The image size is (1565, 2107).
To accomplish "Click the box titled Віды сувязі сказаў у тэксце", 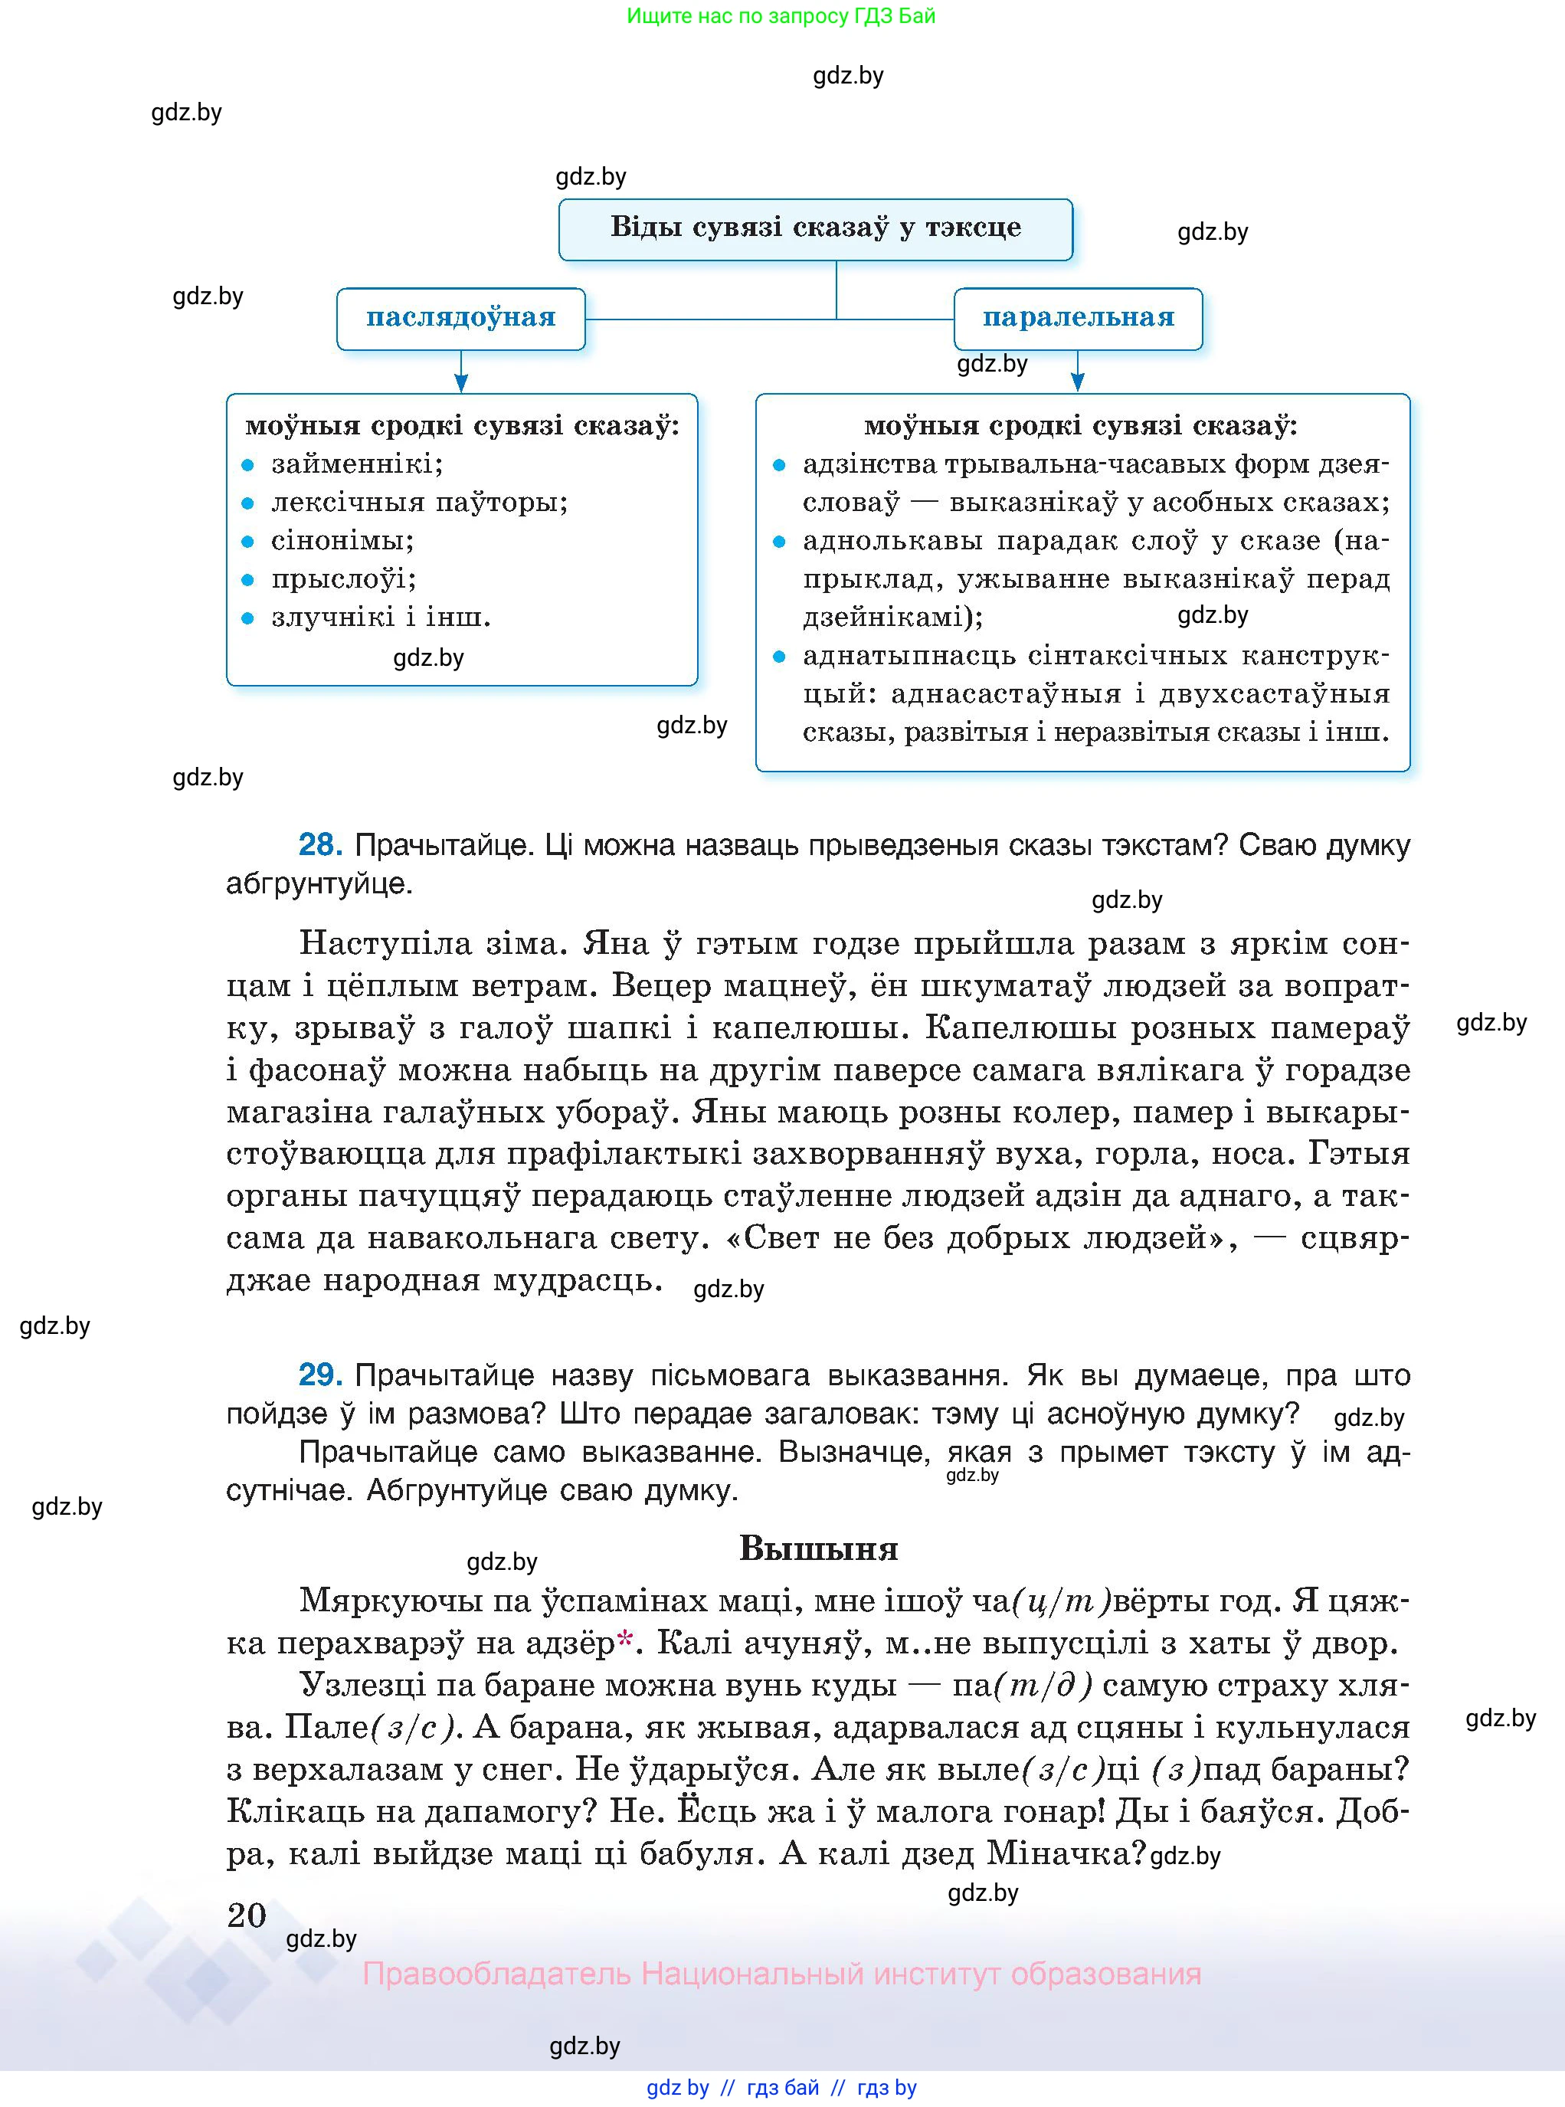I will tap(815, 228).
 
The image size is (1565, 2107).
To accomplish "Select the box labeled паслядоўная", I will tap(460, 318).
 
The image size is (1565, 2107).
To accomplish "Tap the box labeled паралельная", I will tap(1077, 318).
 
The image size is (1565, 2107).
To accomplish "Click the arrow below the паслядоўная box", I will tap(461, 372).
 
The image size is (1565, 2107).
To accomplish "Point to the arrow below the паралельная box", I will tap(1077, 372).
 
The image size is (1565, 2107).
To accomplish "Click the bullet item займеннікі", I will tap(357, 464).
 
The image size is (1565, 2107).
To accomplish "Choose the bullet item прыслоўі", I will tap(344, 579).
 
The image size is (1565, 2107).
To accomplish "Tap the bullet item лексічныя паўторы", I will tap(420, 502).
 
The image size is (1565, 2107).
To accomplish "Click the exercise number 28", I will tap(320, 844).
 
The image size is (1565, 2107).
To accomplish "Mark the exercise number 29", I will tap(320, 1375).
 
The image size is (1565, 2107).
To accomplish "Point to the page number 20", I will tap(247, 1915).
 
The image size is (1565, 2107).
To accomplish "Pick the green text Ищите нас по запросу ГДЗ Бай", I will tap(781, 16).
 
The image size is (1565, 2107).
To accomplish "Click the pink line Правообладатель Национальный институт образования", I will tap(781, 1974).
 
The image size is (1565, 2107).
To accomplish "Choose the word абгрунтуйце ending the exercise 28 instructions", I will tap(319, 884).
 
